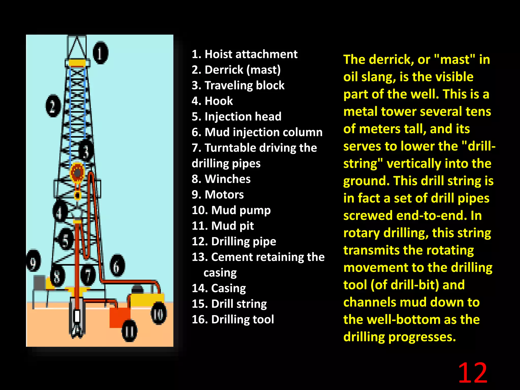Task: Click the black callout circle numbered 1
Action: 100,53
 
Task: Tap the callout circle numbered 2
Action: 53,106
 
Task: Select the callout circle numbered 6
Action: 117,265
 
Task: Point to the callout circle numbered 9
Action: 34,261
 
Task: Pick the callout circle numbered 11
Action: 129,331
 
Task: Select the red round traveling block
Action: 77,173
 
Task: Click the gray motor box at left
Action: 39,282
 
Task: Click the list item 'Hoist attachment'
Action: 244,54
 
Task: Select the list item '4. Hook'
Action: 212,101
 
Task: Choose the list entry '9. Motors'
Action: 218,194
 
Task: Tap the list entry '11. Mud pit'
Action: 223,226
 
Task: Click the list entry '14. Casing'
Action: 219,288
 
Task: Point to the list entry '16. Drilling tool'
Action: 233,319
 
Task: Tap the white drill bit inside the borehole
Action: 77,316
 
